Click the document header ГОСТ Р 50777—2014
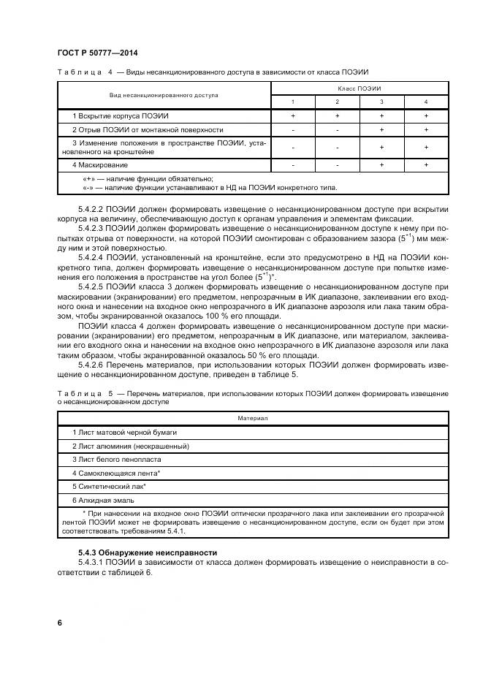click(97, 53)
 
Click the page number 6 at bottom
click(59, 622)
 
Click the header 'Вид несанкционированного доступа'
click(164, 95)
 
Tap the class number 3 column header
click(381, 102)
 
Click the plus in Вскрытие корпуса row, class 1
click(293, 115)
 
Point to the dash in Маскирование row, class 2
click(337, 165)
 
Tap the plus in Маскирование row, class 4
click(426, 165)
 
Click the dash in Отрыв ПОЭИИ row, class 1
click(293, 129)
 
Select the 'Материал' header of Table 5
click(253, 419)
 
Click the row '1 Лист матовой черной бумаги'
click(124, 432)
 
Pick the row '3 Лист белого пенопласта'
click(116, 459)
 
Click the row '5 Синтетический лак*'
click(110, 487)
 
